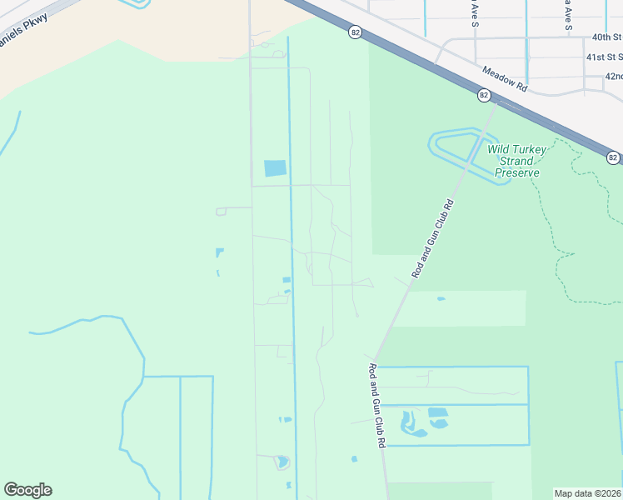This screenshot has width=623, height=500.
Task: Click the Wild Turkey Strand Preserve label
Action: point(517,161)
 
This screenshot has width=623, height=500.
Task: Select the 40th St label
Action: point(606,37)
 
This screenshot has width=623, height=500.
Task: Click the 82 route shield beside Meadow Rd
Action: point(483,96)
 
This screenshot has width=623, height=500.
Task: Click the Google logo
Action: point(27,490)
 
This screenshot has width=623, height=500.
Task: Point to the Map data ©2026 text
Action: point(587,493)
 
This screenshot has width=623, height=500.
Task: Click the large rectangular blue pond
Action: point(275,168)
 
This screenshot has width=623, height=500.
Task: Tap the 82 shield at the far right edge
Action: point(613,157)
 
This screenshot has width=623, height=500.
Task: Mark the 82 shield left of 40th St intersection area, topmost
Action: point(356,32)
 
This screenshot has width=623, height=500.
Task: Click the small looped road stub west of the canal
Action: point(221,212)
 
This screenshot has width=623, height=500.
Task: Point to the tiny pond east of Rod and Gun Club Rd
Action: point(441,298)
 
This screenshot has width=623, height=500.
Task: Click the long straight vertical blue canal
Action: point(291,250)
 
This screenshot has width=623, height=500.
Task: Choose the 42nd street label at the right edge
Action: point(614,77)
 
